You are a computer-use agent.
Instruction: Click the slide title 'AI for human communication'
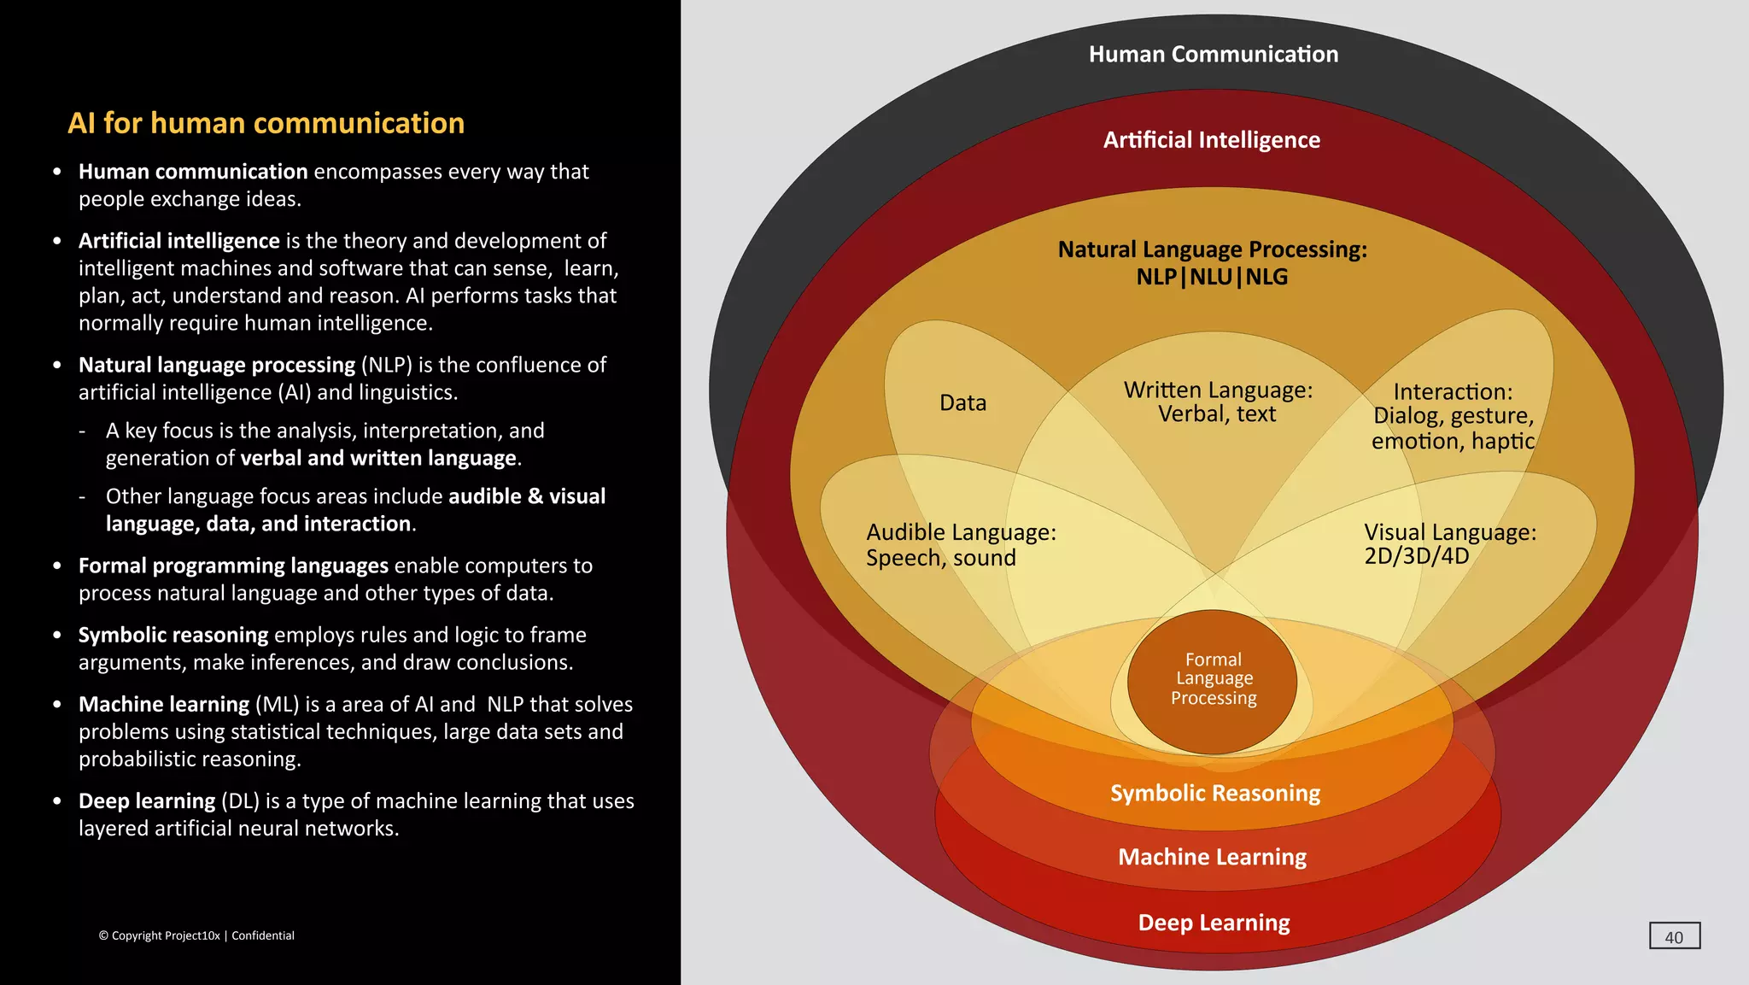tap(266, 123)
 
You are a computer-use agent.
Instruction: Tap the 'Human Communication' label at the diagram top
tap(1213, 55)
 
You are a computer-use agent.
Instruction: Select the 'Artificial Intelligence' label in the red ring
tap(1211, 140)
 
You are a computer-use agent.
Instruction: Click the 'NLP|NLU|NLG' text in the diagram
tap(1211, 278)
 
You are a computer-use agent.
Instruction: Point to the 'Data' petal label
tap(962, 403)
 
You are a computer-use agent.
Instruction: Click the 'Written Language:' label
tap(1217, 390)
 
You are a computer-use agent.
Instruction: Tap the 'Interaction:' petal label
tap(1452, 392)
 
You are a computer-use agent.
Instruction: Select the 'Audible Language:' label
tap(961, 532)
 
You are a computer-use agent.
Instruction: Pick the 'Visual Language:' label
tap(1449, 532)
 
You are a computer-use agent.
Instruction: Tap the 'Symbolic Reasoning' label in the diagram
tap(1214, 794)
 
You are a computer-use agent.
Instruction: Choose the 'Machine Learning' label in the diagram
tap(1212, 857)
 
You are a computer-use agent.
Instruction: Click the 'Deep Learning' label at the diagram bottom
tap(1214, 923)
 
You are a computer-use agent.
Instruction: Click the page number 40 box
tap(1674, 936)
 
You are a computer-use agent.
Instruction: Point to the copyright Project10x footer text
tap(196, 935)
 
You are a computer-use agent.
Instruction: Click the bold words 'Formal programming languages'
tap(233, 566)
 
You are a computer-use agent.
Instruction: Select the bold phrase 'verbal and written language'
tap(378, 458)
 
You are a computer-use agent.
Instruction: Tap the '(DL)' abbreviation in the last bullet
tap(240, 801)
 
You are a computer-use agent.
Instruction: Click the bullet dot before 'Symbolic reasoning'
tap(57, 636)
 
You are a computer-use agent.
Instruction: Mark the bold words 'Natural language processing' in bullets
tap(217, 365)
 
